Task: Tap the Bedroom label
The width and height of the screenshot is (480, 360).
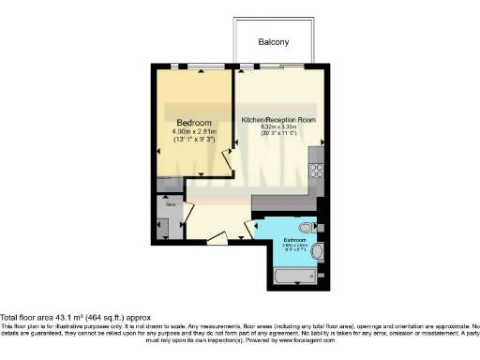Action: point(194,123)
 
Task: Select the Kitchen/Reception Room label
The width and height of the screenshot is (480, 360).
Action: point(277,121)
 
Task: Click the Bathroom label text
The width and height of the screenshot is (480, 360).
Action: point(297,241)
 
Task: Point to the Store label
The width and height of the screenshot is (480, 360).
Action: point(171,202)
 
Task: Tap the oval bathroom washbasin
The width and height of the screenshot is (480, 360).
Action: point(319,252)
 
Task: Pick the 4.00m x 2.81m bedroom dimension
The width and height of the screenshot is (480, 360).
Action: point(194,132)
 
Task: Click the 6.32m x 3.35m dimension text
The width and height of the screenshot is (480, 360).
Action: point(278,128)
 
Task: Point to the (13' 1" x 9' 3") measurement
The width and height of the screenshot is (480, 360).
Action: point(194,141)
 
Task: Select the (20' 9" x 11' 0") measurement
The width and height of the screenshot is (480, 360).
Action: point(278,135)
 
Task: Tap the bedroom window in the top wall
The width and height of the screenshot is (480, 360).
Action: point(195,66)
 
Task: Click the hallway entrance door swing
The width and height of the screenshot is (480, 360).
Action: point(215,240)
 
